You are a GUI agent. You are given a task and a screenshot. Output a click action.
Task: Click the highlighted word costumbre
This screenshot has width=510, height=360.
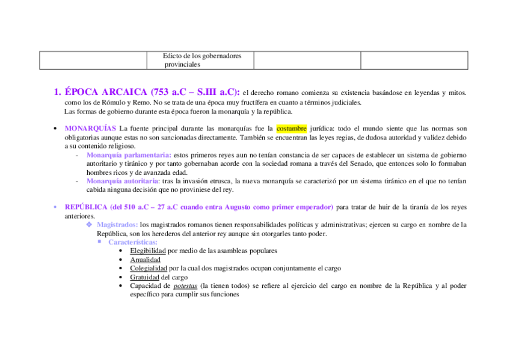[292, 128]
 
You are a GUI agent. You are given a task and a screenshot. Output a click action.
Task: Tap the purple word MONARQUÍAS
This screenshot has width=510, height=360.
[90, 128]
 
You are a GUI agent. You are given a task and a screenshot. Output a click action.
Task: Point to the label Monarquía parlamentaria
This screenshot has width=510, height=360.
[128, 154]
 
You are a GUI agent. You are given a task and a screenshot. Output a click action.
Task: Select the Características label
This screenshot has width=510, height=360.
[132, 242]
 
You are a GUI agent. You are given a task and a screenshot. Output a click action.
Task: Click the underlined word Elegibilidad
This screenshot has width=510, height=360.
[148, 251]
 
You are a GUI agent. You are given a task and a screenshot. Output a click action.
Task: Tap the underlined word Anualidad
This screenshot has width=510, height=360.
[145, 260]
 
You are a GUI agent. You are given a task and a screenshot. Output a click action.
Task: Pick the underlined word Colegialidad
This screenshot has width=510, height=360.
[149, 268]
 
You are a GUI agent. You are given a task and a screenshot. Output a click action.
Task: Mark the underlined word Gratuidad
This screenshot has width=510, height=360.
[145, 277]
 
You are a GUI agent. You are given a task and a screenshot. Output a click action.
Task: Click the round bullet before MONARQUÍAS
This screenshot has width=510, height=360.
[55, 129]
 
